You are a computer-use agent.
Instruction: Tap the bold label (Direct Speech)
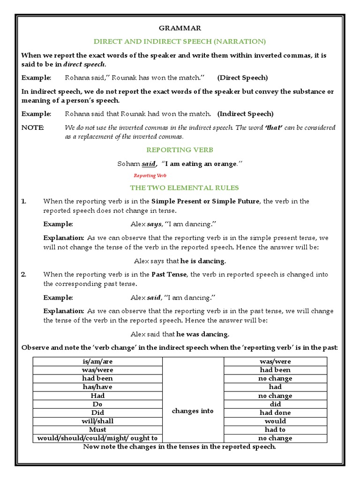tap(242, 77)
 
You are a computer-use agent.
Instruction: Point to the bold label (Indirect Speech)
tap(246, 114)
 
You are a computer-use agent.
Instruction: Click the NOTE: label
tap(33, 127)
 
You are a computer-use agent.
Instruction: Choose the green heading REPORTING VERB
tap(180, 150)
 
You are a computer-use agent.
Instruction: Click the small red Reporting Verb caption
tap(150, 175)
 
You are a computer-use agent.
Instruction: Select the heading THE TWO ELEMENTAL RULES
tap(184, 187)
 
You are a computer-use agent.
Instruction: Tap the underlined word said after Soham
tap(149, 164)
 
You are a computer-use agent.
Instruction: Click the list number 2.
tap(23, 274)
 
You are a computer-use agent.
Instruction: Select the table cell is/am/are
tap(97, 361)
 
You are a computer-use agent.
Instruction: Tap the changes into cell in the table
tap(193, 411)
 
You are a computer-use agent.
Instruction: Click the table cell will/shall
tap(97, 421)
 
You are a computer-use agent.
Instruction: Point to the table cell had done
tap(275, 412)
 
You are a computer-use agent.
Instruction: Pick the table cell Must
tap(97, 429)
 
